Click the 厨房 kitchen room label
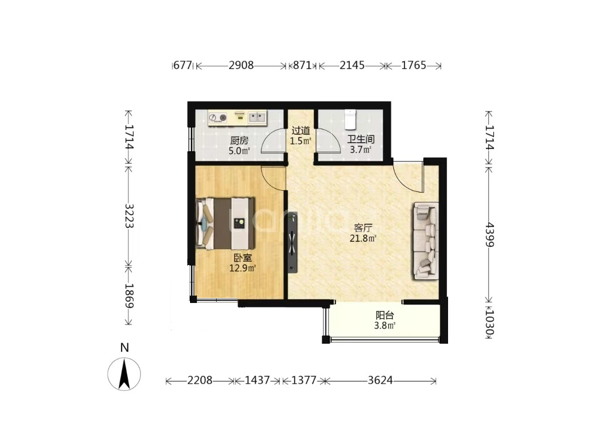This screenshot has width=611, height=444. point(239,140)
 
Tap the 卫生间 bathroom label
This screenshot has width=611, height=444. point(361,139)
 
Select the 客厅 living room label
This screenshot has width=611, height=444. point(363,228)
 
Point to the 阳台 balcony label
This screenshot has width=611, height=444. point(385,315)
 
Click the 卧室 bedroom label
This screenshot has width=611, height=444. point(242,258)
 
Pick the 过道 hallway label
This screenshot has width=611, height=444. point(301,131)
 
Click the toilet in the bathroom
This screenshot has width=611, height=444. point(350,119)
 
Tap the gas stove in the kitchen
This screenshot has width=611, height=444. point(218,117)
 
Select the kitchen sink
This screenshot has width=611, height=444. point(257,116)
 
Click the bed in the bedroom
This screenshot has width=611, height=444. point(226,224)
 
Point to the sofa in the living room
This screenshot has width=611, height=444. point(426,241)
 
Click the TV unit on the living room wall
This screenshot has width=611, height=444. point(292,242)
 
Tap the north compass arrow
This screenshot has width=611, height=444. point(124,374)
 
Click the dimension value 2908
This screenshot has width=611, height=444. point(241,65)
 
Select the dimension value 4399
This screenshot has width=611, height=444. point(489,234)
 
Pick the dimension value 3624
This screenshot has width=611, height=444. point(380,380)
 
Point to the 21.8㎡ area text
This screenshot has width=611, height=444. point(363,238)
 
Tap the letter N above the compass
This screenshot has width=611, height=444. point(124,347)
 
